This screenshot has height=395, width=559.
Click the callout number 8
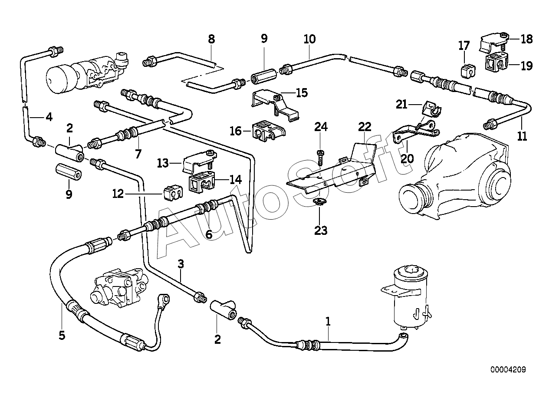[x=211, y=39]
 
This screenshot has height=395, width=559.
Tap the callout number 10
[x=309, y=39]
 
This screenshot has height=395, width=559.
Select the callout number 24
[x=321, y=127]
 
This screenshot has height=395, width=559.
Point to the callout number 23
[x=321, y=230]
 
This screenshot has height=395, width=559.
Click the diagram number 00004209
[x=508, y=369]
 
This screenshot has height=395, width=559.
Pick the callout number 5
[x=62, y=335]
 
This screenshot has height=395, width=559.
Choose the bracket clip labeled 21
[x=433, y=109]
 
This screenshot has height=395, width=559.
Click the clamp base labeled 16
[x=268, y=131]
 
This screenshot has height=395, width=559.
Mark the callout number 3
[x=181, y=264]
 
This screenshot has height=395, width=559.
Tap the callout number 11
[x=522, y=136]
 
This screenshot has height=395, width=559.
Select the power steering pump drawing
[x=119, y=288]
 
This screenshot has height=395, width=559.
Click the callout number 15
[x=302, y=92]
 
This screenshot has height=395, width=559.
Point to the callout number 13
[x=163, y=164]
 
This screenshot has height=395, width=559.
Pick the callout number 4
[x=49, y=117]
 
